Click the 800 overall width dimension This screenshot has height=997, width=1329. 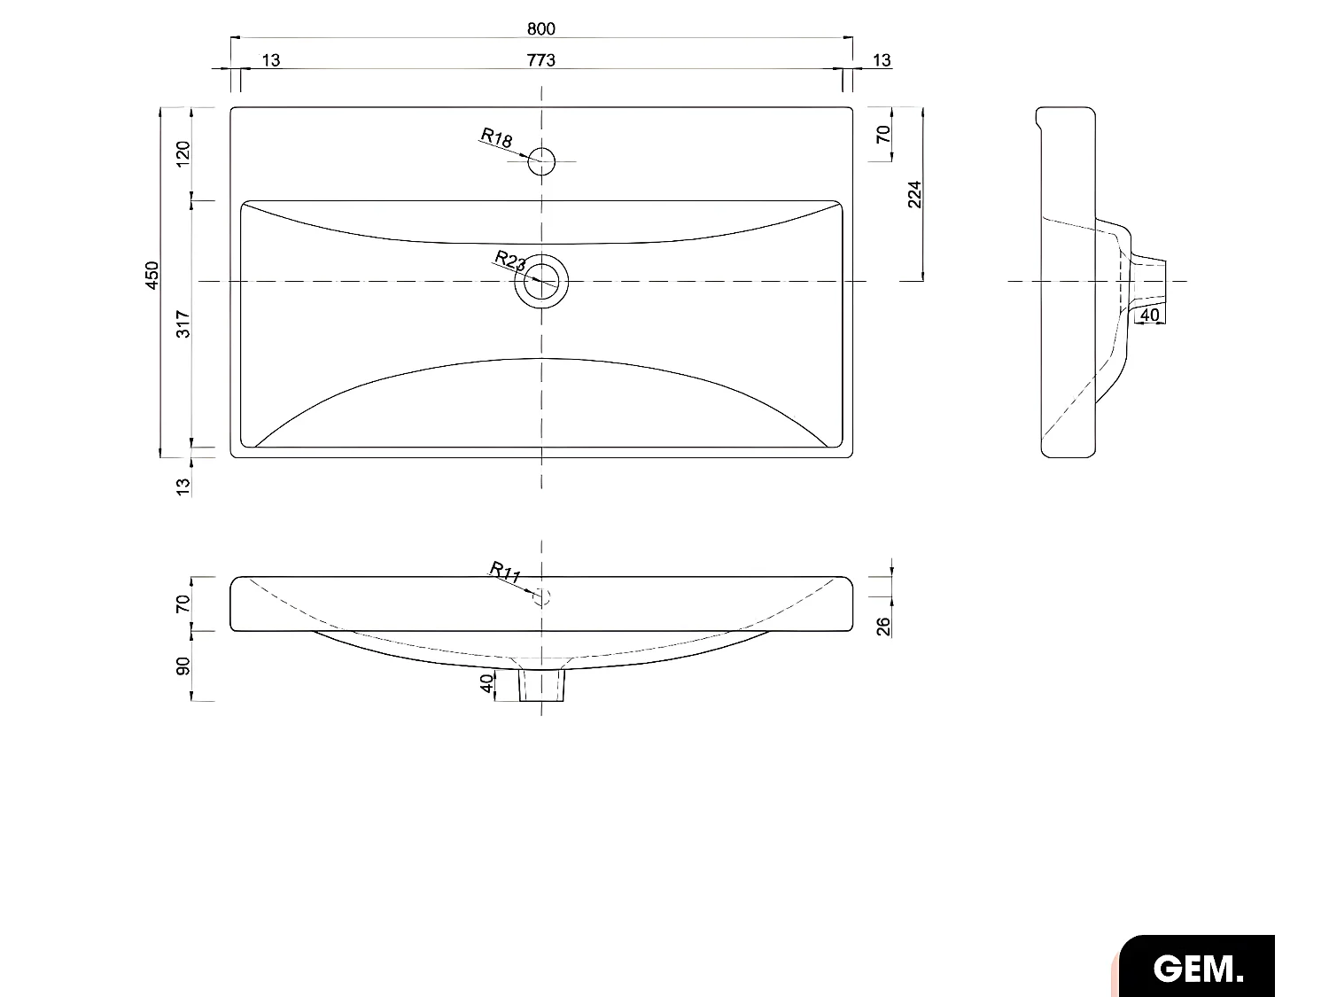coord(540,28)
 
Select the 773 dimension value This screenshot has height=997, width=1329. coord(540,60)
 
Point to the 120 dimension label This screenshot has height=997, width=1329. coord(183,152)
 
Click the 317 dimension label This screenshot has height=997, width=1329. coord(183,323)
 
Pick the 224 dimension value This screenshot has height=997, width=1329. coord(915,194)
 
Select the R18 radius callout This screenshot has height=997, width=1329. coord(497,138)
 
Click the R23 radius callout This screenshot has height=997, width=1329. coord(510,261)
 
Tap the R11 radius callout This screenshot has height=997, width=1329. coord(505,572)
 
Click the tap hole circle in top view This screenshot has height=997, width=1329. coord(541,161)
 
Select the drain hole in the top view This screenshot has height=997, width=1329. coord(541,281)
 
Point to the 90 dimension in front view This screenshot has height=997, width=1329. coord(183,666)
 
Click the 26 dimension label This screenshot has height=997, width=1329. coord(883,627)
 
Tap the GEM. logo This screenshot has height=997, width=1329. coord(1198,968)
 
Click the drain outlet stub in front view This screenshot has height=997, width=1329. coord(541,684)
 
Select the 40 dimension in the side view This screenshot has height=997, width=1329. coord(1149,315)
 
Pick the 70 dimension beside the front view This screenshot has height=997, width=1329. coord(183,604)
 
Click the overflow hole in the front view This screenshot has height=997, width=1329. coord(542,596)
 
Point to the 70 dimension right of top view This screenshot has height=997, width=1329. coord(883,135)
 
